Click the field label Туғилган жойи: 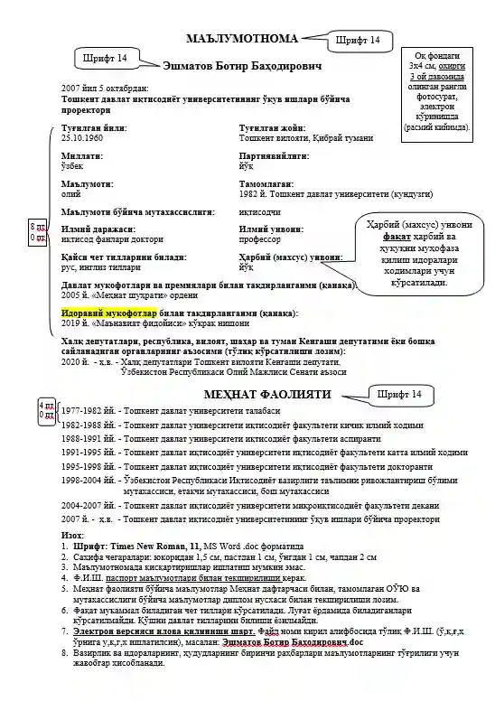[x=267, y=128]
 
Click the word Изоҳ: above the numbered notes [x=73, y=536]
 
